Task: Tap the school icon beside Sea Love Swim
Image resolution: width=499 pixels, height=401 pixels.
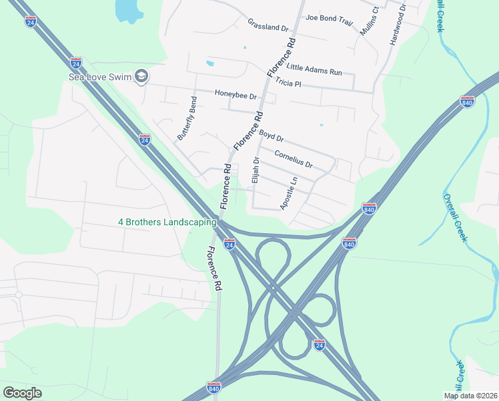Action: [x=141, y=77]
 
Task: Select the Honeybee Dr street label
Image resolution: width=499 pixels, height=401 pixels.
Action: [x=235, y=96]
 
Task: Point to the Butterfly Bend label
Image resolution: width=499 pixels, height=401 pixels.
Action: [x=187, y=118]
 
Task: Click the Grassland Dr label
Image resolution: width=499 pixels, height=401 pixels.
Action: [x=267, y=25]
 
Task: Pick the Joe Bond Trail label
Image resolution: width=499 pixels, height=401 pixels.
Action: [x=329, y=20]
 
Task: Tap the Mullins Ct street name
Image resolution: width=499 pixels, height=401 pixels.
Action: [x=368, y=21]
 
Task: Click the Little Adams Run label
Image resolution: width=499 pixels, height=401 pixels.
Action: [x=314, y=68]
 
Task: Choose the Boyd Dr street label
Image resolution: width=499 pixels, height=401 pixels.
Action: [x=272, y=136]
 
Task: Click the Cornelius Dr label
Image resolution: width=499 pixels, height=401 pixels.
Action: [x=294, y=160]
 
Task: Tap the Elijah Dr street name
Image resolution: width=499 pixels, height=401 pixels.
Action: [x=255, y=170]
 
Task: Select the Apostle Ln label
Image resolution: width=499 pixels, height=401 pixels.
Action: [x=288, y=193]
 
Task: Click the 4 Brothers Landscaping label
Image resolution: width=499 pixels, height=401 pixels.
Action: [x=167, y=222]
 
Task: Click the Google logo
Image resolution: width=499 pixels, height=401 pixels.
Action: [x=22, y=393]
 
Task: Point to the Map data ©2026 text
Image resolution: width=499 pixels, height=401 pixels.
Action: [x=470, y=396]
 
